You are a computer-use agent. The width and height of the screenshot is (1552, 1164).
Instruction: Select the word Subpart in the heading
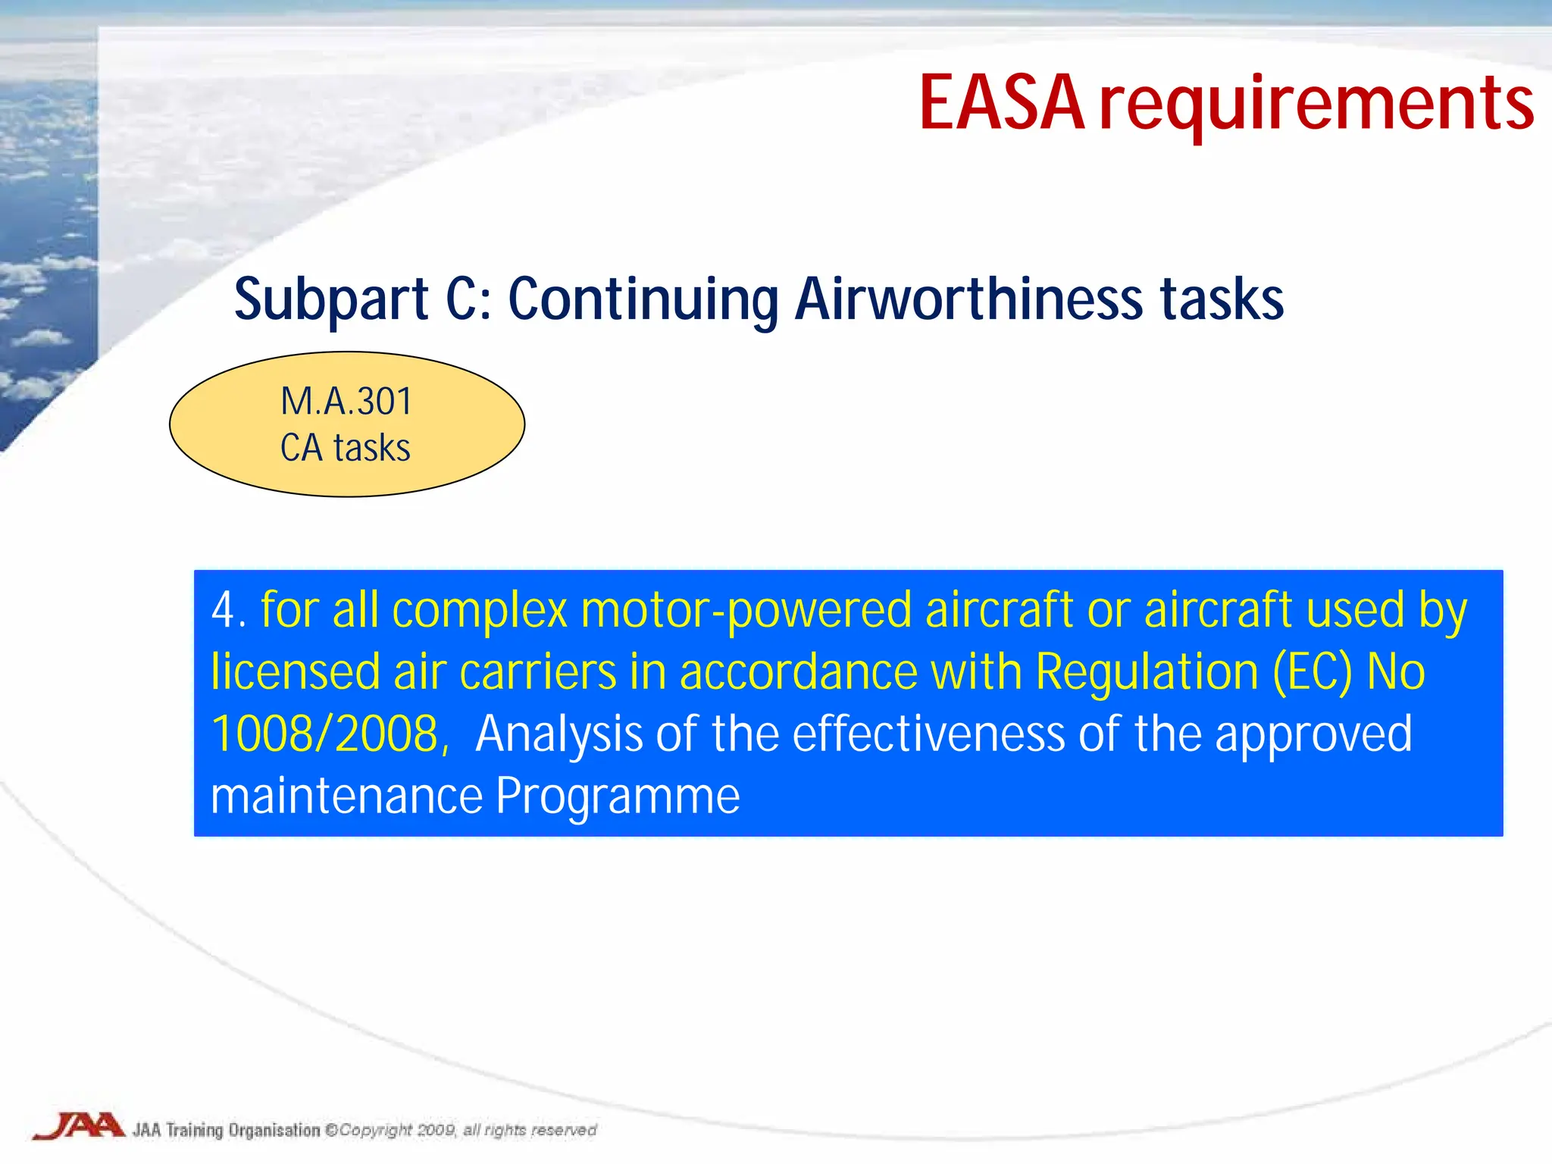pos(331,300)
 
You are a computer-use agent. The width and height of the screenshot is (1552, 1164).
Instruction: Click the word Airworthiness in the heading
pos(969,299)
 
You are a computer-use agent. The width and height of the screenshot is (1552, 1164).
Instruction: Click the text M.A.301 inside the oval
pos(346,401)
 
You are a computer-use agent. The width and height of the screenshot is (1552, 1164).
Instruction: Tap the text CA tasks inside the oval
pos(346,448)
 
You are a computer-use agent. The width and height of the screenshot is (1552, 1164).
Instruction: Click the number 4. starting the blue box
pos(228,610)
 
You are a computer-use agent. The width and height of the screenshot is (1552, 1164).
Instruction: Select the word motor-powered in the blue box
pos(746,610)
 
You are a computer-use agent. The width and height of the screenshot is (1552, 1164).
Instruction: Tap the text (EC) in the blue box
pos(1313,672)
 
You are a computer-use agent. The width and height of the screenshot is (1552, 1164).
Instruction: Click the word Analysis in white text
pos(559,734)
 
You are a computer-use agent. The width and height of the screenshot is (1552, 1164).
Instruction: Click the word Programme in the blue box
pos(618,796)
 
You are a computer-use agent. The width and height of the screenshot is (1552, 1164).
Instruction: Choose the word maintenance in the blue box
pos(346,796)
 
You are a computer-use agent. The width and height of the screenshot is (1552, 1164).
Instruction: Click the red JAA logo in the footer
pos(79,1125)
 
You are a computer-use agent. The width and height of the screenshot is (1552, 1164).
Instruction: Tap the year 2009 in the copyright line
pos(436,1130)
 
